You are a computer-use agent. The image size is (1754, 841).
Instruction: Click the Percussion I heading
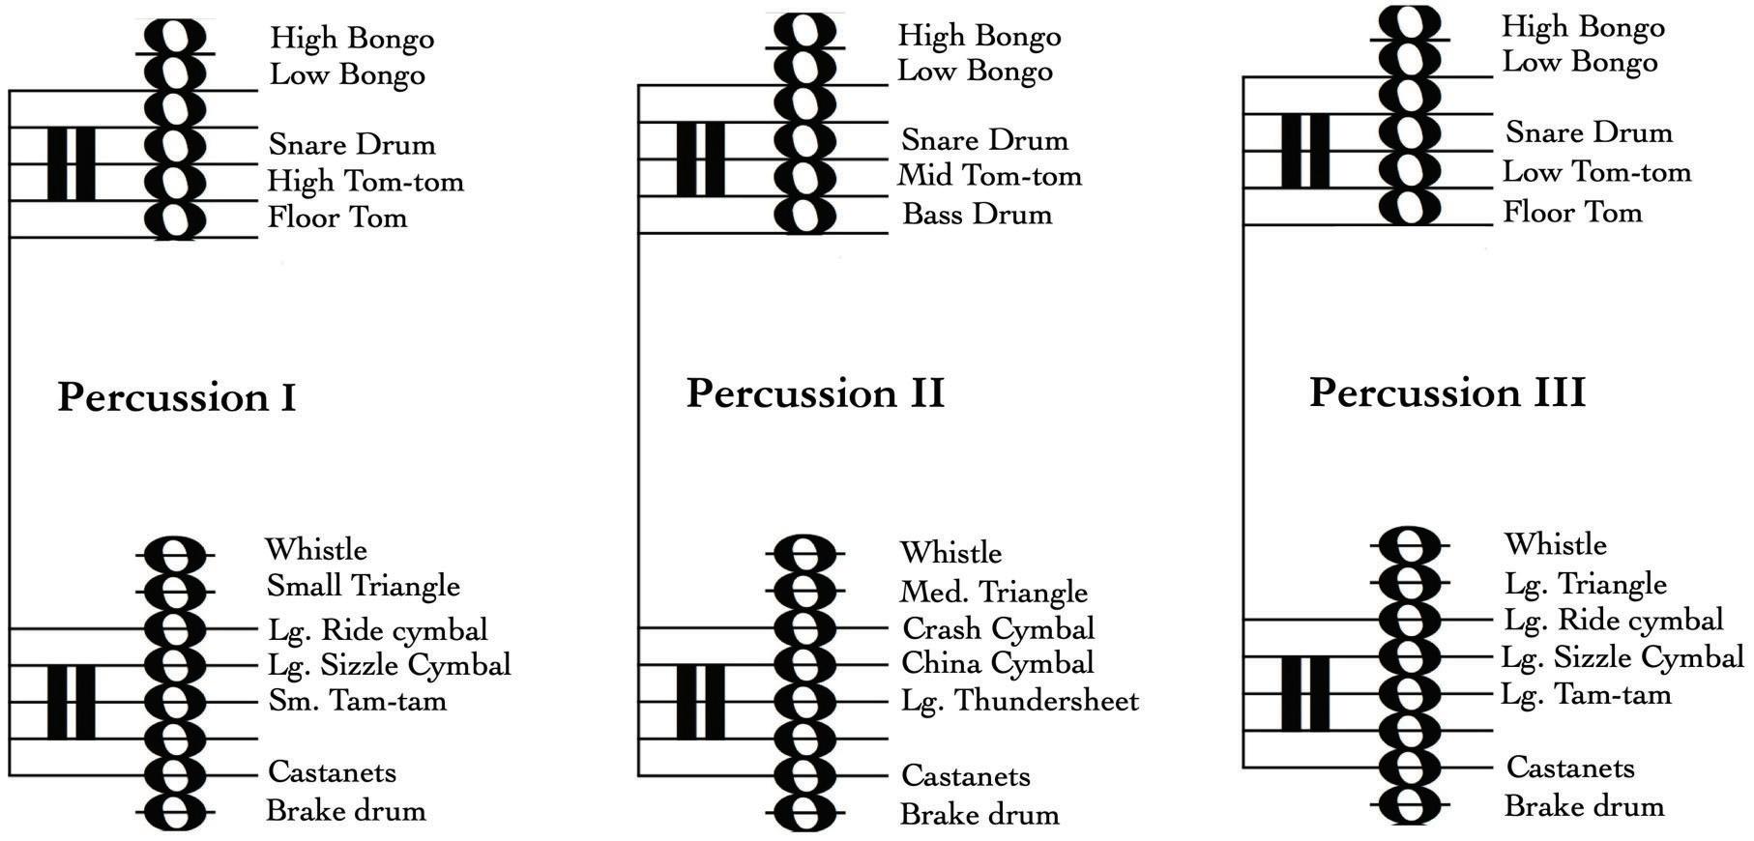(x=177, y=397)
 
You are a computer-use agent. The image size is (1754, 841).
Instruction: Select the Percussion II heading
(x=815, y=393)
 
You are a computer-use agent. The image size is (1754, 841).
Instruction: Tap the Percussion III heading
(x=1447, y=392)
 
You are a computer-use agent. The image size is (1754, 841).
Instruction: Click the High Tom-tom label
(x=365, y=181)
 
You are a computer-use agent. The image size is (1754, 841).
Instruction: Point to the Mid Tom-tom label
(x=990, y=176)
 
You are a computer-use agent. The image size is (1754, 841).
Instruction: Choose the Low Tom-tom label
(x=1597, y=172)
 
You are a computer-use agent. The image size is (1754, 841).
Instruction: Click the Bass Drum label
(x=977, y=214)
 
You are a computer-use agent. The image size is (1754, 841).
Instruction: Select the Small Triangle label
(x=363, y=586)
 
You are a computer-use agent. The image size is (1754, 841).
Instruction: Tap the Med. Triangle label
(x=994, y=592)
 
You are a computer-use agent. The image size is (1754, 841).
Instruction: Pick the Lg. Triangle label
(x=1586, y=584)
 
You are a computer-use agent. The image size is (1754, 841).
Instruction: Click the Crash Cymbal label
(x=998, y=629)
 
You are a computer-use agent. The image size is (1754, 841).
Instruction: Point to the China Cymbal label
(x=998, y=663)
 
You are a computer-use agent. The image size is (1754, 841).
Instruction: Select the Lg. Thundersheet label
(x=1020, y=701)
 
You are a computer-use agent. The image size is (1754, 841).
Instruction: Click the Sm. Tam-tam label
(x=358, y=700)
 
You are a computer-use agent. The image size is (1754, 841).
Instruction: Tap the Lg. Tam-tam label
(x=1586, y=694)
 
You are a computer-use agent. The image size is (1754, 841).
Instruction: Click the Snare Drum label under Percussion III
(x=1590, y=132)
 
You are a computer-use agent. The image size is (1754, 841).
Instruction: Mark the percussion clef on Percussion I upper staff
(x=72, y=163)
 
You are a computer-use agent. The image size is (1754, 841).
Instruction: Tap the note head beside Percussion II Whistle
(x=804, y=553)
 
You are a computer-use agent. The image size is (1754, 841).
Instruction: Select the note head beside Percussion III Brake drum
(x=1410, y=803)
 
